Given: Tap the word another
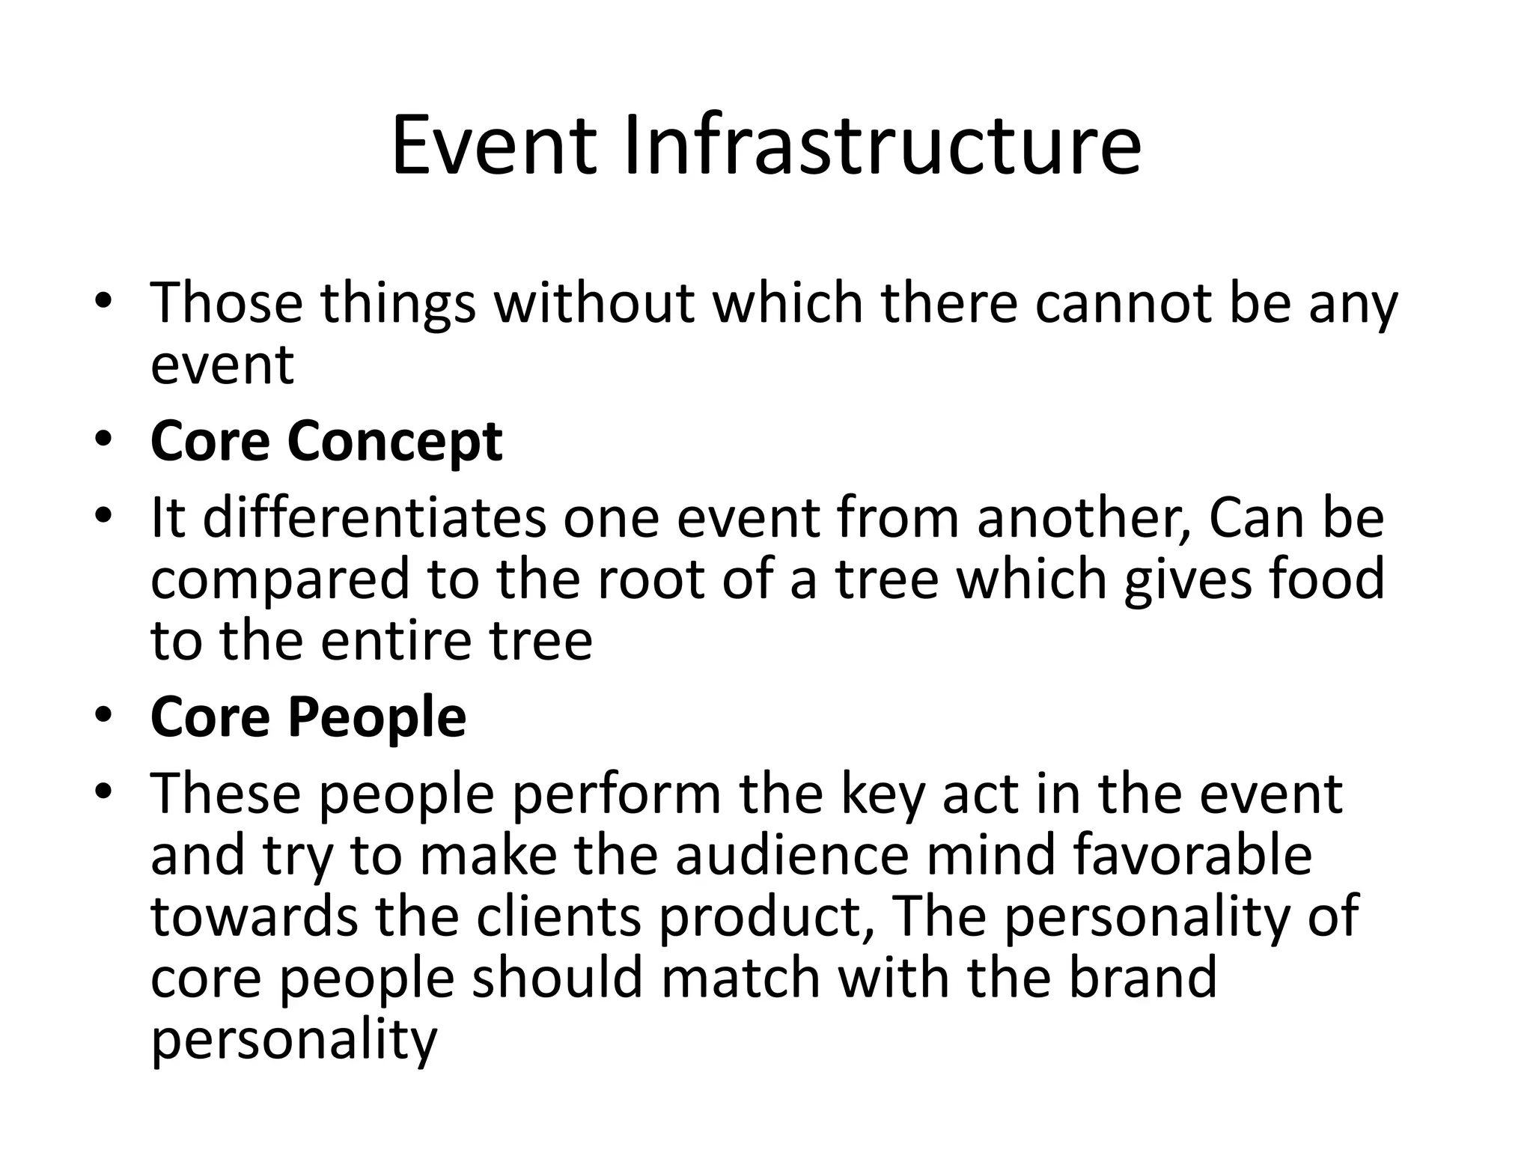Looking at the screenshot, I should [1085, 519].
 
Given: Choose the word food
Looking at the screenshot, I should [1326, 579].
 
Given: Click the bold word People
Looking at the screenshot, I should [377, 718].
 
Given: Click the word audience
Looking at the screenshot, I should [792, 855].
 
